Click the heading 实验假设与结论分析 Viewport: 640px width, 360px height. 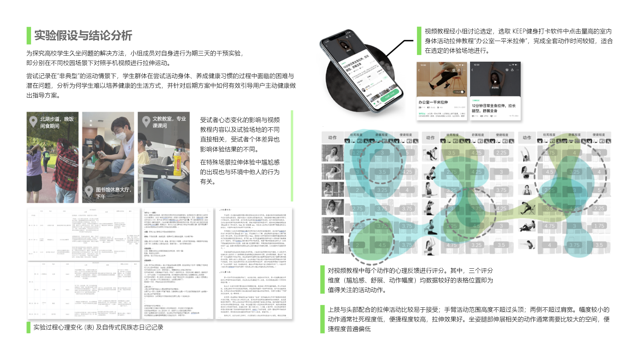[83, 35]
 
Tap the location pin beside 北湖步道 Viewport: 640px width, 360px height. [33, 121]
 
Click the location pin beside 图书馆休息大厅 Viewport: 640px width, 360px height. [89, 191]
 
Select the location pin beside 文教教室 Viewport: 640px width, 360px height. [146, 121]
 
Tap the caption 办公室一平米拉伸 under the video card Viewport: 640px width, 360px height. [433, 102]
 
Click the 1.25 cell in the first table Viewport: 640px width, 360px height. [357, 153]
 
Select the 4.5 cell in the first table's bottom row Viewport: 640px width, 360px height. [382, 245]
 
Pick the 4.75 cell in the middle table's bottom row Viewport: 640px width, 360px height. [452, 245]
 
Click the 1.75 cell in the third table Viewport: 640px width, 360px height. [550, 153]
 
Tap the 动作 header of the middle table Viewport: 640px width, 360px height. [430, 138]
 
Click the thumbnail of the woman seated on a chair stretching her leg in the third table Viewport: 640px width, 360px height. [527, 209]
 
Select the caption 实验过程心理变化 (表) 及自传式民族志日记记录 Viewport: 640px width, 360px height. [98, 327]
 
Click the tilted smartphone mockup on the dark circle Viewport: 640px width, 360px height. [362, 72]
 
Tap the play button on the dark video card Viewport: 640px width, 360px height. [495, 82]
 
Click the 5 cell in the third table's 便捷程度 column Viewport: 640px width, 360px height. [599, 190]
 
